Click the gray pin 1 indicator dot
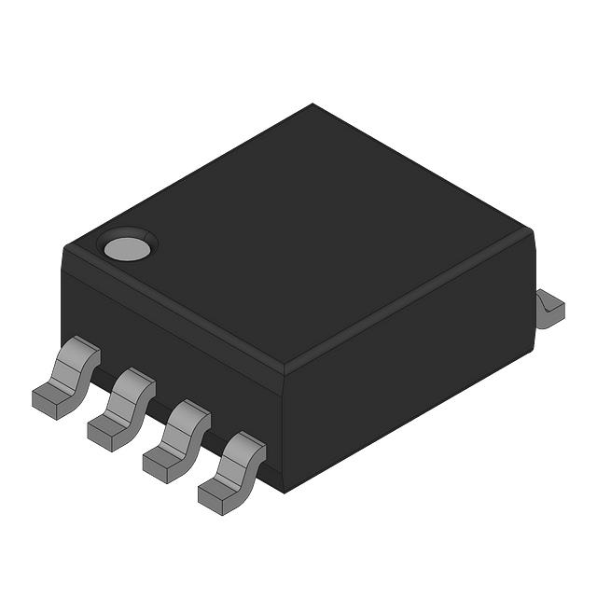[127, 248]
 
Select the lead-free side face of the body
[410, 392]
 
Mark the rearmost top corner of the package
[312, 104]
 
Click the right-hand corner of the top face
[532, 233]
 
